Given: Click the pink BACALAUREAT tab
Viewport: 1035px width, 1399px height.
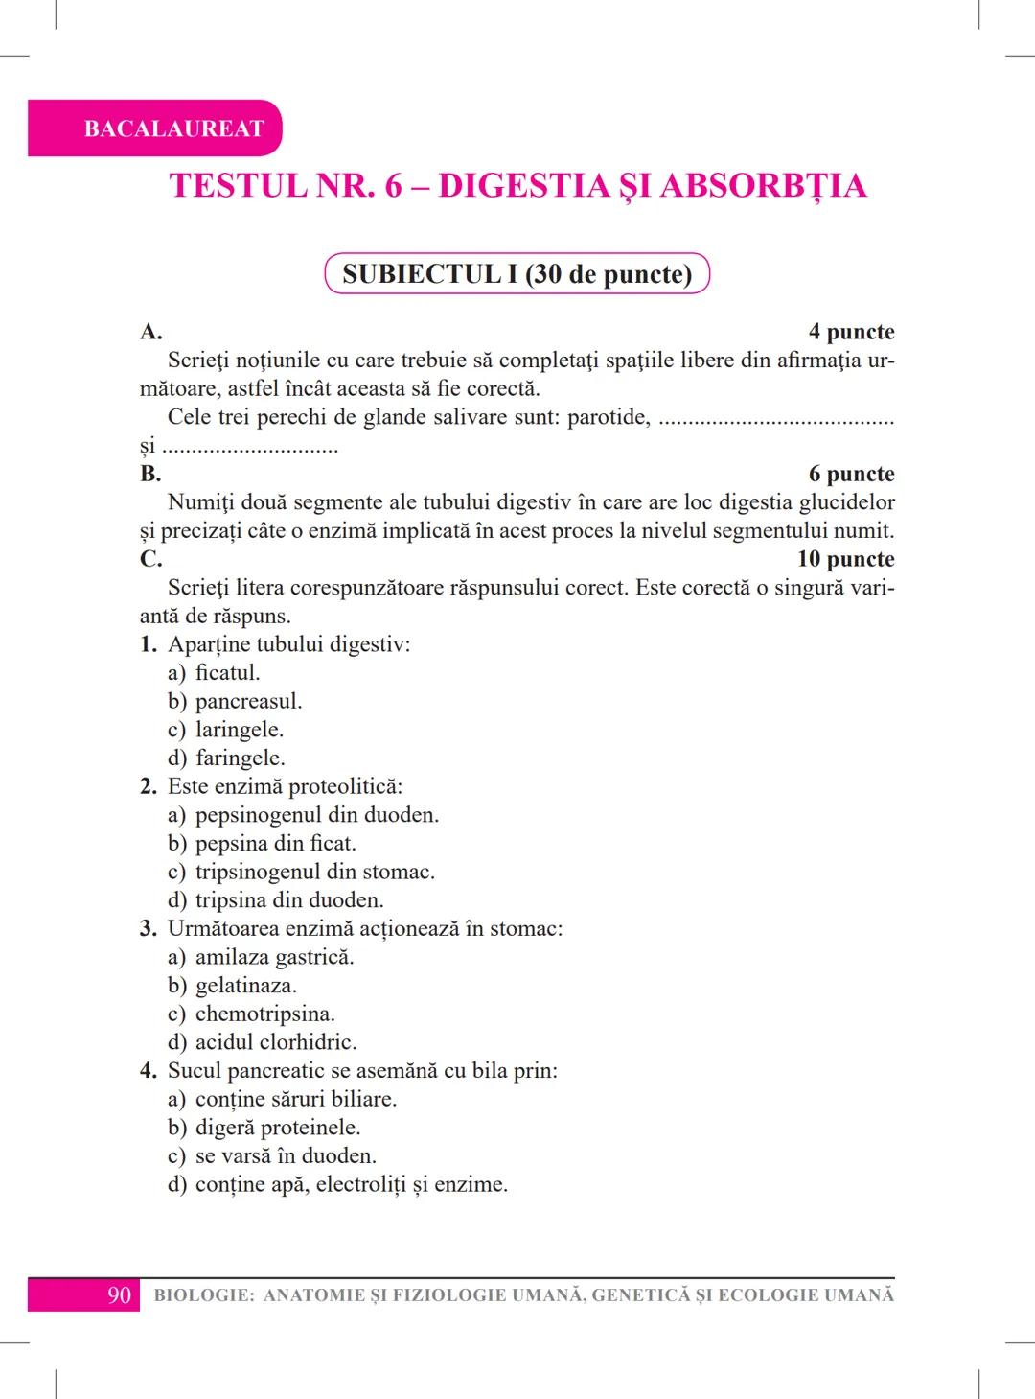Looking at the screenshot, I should click(172, 128).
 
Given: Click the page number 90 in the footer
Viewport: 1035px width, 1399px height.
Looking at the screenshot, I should click(119, 1295).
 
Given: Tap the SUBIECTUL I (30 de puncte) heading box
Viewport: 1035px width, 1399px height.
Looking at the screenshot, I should click(517, 274).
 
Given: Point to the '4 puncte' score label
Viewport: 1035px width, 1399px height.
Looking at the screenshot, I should click(851, 332).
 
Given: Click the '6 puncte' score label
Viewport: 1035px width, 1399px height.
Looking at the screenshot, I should click(851, 474).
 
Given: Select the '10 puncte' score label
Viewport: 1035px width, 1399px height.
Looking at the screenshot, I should click(845, 559).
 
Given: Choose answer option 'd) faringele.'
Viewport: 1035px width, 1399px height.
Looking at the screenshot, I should click(226, 758).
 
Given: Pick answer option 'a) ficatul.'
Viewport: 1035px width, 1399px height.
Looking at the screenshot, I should click(214, 672).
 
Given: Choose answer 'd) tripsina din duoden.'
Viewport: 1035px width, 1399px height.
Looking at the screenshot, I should click(275, 899).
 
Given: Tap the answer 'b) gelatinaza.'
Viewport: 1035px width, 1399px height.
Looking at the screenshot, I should click(232, 985).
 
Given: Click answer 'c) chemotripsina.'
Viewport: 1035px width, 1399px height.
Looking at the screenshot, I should click(251, 1014).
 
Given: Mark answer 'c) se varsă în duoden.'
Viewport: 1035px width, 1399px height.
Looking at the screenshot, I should click(271, 1155).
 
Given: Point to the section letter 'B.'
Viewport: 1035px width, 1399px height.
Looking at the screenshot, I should click(150, 474).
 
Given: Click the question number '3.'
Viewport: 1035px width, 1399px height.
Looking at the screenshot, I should click(149, 928).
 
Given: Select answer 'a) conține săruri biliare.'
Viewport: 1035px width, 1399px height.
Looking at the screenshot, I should click(282, 1099).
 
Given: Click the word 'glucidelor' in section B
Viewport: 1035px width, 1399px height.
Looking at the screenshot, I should click(846, 502).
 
